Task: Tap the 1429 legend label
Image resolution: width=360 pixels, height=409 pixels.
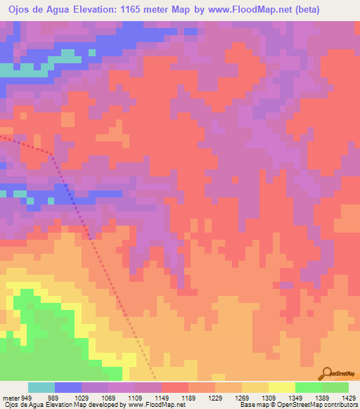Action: click(x=349, y=398)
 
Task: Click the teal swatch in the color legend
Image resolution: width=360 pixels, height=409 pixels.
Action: click(x=41, y=387)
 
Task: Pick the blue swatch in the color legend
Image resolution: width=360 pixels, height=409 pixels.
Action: click(x=68, y=387)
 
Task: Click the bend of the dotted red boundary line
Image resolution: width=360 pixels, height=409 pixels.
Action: click(x=51, y=152)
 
